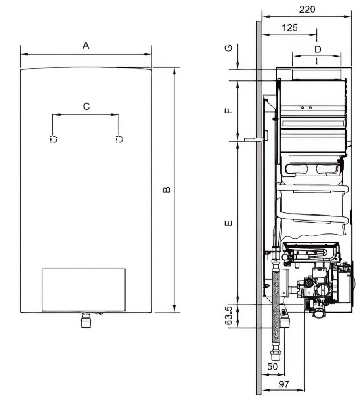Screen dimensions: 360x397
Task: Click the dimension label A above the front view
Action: coord(86,46)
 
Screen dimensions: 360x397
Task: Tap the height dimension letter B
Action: coord(167,190)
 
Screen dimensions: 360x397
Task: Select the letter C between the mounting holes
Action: coord(86,106)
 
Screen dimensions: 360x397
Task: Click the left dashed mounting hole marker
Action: coord(54,139)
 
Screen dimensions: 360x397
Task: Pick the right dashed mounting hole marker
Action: coord(119,139)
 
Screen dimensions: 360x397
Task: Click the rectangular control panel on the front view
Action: coord(84,290)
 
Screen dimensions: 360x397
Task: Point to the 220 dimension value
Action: coord(307,10)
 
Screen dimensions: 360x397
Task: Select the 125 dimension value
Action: coord(289,27)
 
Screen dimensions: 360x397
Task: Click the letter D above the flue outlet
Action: coord(318,49)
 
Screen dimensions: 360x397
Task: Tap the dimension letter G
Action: coord(228,48)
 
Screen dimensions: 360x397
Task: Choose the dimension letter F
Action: coord(228,111)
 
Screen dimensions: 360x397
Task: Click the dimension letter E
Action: coord(228,223)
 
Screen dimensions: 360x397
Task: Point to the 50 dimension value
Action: coord(272,366)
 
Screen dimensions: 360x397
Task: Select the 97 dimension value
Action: coord(284,384)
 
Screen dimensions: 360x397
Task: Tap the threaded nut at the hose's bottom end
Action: coord(275,355)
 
